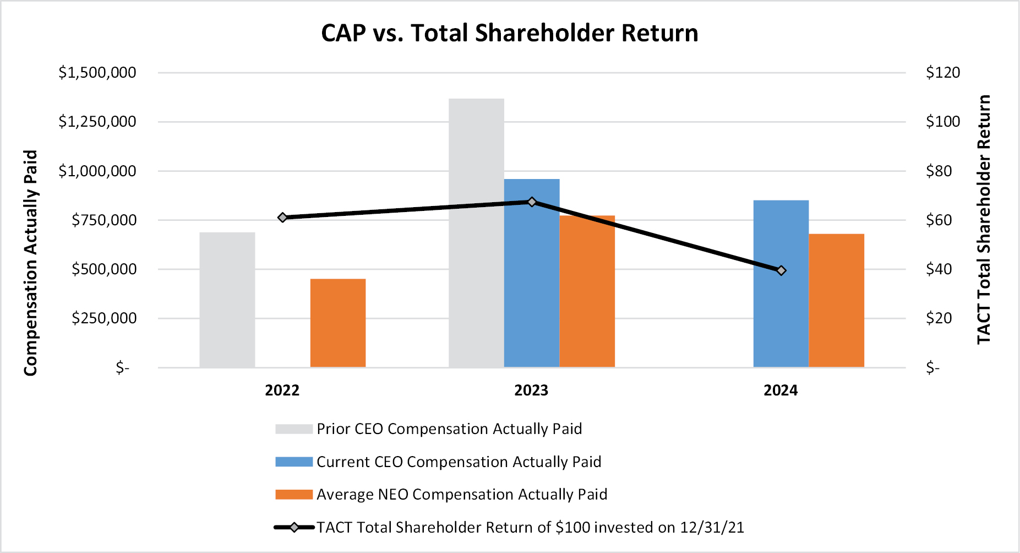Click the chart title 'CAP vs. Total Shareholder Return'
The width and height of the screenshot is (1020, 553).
tap(509, 33)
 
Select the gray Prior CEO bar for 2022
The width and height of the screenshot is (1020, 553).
tap(227, 300)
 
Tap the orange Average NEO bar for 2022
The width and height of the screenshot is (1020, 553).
tap(338, 323)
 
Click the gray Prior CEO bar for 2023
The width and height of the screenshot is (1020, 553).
tap(476, 232)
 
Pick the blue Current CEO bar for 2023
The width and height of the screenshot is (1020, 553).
tap(532, 273)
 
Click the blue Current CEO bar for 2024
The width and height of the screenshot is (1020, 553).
tap(781, 283)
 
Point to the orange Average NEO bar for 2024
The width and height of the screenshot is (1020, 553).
tap(836, 300)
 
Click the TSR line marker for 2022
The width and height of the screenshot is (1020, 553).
tap(282, 218)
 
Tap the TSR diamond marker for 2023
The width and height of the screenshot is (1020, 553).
tap(532, 202)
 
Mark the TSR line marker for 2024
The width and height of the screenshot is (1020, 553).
tap(781, 270)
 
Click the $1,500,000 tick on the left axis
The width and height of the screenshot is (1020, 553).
tap(97, 73)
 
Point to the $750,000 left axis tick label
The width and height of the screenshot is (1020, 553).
tap(104, 220)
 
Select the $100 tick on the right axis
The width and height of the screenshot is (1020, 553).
tap(943, 122)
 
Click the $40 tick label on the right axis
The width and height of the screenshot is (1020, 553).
tap(939, 269)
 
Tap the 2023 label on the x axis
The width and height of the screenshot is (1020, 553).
tap(531, 391)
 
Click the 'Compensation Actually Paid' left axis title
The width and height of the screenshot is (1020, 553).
tap(30, 263)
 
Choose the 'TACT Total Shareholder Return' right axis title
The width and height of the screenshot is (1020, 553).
tap(984, 219)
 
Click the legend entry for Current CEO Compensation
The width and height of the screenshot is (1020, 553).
tap(459, 462)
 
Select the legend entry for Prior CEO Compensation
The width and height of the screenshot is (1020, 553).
tap(449, 429)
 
